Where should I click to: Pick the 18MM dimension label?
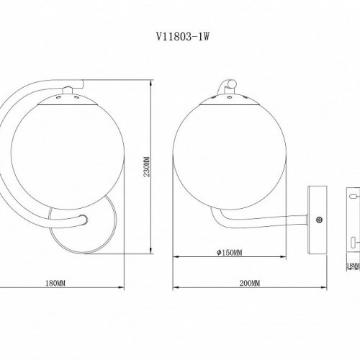352,266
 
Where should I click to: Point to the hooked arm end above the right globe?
229,85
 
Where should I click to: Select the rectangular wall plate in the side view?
314,220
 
